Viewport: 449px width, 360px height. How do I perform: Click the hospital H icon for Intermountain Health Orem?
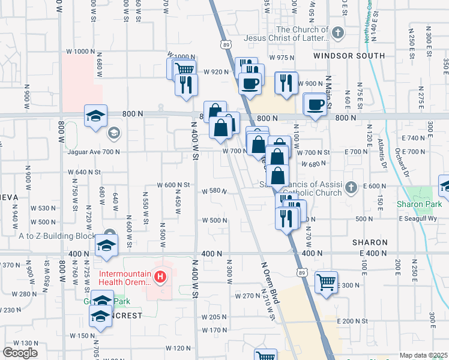(160, 277)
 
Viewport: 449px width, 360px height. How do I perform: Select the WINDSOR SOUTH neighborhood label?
(349, 56)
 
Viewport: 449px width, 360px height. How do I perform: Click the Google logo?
(20, 352)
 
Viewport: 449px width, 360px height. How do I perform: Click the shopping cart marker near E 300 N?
(326, 282)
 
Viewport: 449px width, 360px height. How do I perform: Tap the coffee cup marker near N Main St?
(315, 105)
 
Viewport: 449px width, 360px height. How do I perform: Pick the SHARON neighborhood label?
(369, 242)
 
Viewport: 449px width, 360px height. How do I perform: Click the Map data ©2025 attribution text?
(424, 355)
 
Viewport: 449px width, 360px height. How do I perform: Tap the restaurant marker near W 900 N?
(286, 83)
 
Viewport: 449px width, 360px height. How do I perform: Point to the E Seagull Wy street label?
(423, 218)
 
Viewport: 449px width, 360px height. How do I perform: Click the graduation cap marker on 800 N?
(95, 117)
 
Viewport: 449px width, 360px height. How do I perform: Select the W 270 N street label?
(247, 296)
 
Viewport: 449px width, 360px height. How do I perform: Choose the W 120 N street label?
(178, 348)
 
